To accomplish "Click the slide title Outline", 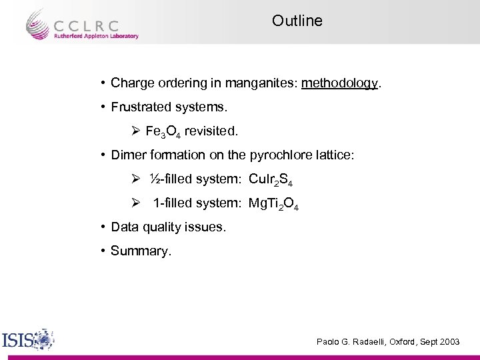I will click(x=297, y=21).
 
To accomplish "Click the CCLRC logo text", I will click(x=87, y=25).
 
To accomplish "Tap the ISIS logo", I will click(x=27, y=340).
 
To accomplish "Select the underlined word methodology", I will click(x=339, y=84).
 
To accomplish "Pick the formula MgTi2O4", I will click(x=273, y=204).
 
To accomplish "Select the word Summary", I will click(x=139, y=251).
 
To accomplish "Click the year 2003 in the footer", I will click(x=449, y=342).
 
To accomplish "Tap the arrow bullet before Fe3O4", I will click(x=135, y=131).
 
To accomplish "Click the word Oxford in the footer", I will click(x=403, y=342).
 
